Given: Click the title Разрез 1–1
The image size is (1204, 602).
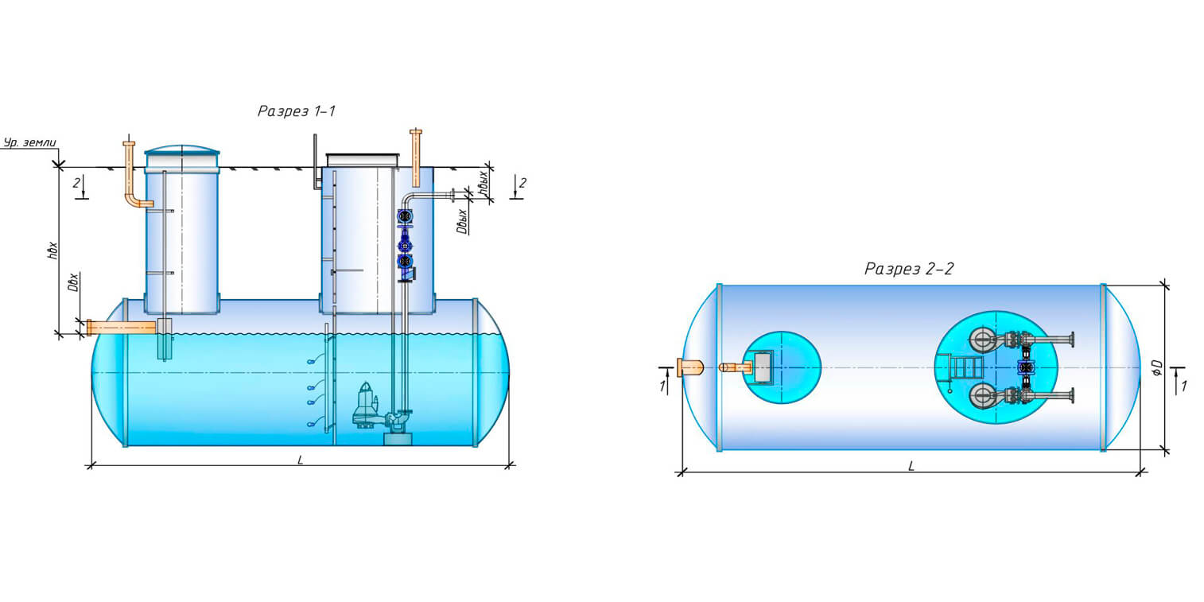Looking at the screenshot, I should pyautogui.click(x=296, y=112).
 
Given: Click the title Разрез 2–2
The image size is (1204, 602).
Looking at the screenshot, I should pyautogui.click(x=908, y=270).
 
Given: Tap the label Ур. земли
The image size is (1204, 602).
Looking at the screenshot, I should pyautogui.click(x=30, y=143).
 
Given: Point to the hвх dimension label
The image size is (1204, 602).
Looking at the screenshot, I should pyautogui.click(x=52, y=250).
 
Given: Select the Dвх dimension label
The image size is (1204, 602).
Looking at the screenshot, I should pyautogui.click(x=73, y=282).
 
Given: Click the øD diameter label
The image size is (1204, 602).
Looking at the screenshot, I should pyautogui.click(x=1157, y=367).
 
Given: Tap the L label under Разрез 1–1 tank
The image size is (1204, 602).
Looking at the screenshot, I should pyautogui.click(x=300, y=460).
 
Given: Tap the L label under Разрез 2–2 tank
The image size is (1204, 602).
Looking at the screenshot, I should pyautogui.click(x=911, y=467).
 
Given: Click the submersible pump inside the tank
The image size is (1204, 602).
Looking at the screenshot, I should pyautogui.click(x=367, y=406).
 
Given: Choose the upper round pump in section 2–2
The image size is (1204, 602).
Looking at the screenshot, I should pyautogui.click(x=982, y=340).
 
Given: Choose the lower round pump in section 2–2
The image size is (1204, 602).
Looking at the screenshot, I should pyautogui.click(x=982, y=394).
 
